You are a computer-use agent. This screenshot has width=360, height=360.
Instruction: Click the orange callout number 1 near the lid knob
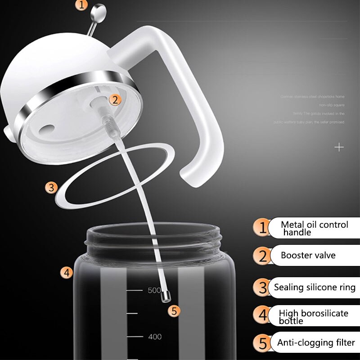(x=81, y=5)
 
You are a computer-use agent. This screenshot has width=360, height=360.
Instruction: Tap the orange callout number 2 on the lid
(x=115, y=100)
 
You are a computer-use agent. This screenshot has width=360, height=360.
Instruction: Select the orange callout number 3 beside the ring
(x=52, y=188)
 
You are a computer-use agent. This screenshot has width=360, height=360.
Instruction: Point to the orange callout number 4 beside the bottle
(x=67, y=272)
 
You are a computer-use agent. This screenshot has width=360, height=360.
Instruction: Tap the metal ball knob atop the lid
(x=98, y=10)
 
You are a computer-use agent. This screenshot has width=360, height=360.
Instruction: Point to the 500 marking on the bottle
(x=154, y=290)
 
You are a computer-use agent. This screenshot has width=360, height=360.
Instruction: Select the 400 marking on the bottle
(x=154, y=337)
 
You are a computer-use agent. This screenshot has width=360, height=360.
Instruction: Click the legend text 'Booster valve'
(x=308, y=256)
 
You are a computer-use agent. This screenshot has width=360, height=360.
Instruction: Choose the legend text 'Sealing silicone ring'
(x=315, y=287)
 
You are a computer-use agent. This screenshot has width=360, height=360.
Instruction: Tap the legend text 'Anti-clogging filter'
(x=316, y=343)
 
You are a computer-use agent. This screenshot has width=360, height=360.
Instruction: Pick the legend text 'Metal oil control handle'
(x=314, y=228)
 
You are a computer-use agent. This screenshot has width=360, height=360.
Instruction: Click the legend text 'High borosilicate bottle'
(x=313, y=317)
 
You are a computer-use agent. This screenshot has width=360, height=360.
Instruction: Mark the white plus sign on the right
(x=339, y=147)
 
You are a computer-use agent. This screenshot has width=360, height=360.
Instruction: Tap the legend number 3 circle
(x=262, y=287)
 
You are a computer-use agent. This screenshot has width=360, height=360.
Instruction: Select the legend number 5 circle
(x=262, y=343)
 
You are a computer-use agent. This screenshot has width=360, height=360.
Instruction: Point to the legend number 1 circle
(x=261, y=228)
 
